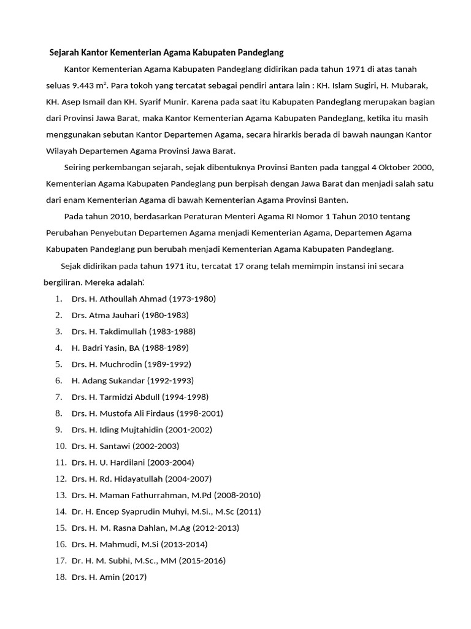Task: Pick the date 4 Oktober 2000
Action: (399, 168)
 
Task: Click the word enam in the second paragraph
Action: (75, 200)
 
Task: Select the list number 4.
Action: (58, 348)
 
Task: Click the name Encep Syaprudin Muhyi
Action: (142, 512)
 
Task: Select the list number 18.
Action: (60, 577)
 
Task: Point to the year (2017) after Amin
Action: (134, 577)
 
